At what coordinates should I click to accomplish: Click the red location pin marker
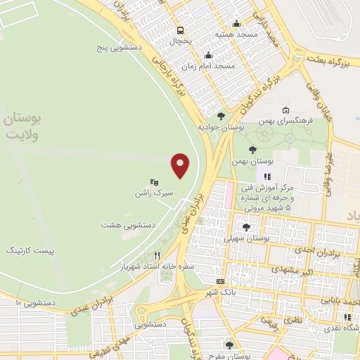coord(181,166)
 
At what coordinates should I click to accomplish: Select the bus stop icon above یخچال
coord(181,30)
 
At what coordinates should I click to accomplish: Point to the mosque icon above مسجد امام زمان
coord(207,56)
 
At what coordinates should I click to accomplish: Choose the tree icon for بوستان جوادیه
coord(221,116)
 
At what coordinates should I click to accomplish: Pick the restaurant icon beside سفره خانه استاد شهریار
coord(158,255)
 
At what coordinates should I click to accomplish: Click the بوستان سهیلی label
coord(246,238)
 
